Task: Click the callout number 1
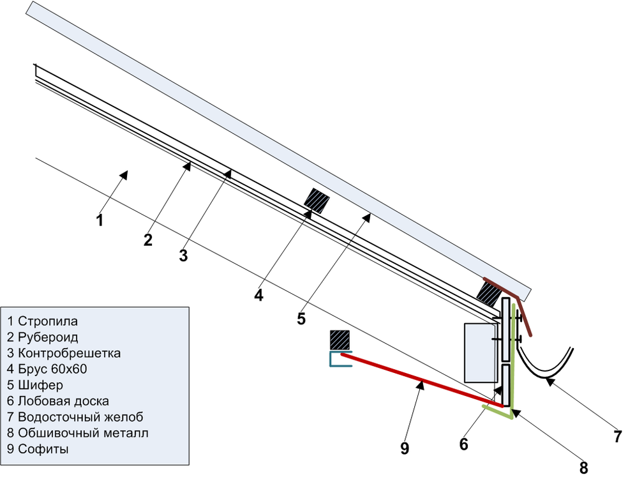click(x=99, y=221)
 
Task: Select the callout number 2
click(x=148, y=240)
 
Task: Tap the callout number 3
click(x=183, y=256)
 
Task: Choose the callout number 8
click(x=583, y=467)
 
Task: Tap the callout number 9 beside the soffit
click(x=404, y=448)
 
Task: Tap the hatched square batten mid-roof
click(x=316, y=201)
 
